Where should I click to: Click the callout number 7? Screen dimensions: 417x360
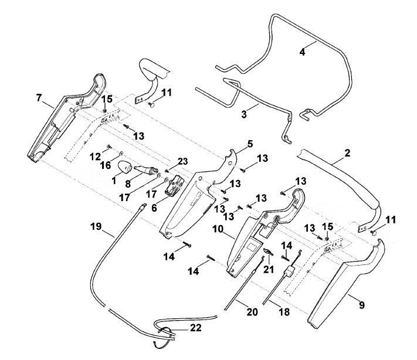(x=39, y=98)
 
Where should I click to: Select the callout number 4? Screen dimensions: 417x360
(x=303, y=52)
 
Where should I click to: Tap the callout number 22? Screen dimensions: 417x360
(x=195, y=328)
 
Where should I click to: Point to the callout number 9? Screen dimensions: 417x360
(x=362, y=305)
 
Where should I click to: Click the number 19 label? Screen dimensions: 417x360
(x=96, y=226)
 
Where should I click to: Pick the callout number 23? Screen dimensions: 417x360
(x=183, y=161)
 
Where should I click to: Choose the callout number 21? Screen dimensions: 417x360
(x=269, y=269)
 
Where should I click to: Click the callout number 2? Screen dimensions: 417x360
(x=347, y=153)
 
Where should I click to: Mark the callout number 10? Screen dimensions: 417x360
(x=218, y=229)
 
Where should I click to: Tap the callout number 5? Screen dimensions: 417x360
(x=250, y=144)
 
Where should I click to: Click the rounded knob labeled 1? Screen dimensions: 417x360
(x=125, y=167)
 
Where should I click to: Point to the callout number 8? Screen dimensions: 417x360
(x=128, y=184)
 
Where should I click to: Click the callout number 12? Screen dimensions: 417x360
(x=95, y=157)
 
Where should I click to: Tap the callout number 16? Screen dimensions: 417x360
(x=106, y=165)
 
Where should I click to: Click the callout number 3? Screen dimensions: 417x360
(x=244, y=114)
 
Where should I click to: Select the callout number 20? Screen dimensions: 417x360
(x=252, y=312)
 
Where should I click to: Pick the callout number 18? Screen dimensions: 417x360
(x=284, y=311)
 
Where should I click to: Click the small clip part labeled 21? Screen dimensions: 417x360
(x=268, y=252)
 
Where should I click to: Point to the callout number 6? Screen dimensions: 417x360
(x=154, y=208)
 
